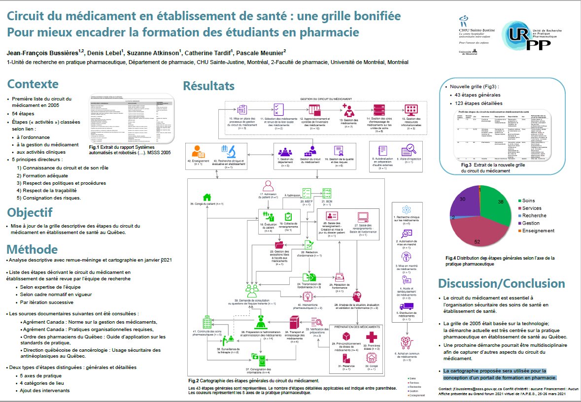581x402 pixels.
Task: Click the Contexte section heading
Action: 33,84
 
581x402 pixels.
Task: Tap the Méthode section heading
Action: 32,249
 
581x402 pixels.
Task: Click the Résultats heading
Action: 208,86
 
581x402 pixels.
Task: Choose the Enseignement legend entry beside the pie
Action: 538,231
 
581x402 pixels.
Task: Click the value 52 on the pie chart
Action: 477,241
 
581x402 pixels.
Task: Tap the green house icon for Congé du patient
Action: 207,197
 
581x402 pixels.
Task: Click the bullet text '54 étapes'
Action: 23,113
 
